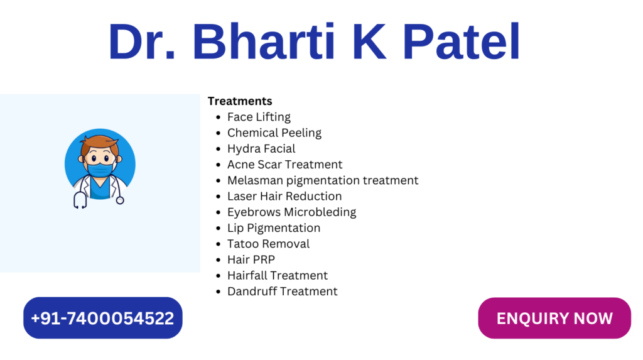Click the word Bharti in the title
pos(264,41)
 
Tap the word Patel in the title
pos(462,41)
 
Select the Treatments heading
pos(240,101)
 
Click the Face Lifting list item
pos(259,117)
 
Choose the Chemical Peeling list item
pos(274,133)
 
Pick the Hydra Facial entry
pos(261,149)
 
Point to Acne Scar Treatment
pos(284,165)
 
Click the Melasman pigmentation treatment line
pos(323,180)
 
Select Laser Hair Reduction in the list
pos(284,196)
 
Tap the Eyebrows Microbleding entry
pos(291,212)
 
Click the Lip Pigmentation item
pos(274,228)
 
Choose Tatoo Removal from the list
pos(269,244)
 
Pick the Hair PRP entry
pos(251,260)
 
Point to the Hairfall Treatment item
pos(278,275)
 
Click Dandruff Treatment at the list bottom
pos(283,292)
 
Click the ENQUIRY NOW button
pos(554,318)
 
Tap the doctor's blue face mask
pos(100,170)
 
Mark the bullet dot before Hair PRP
pos(218,260)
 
